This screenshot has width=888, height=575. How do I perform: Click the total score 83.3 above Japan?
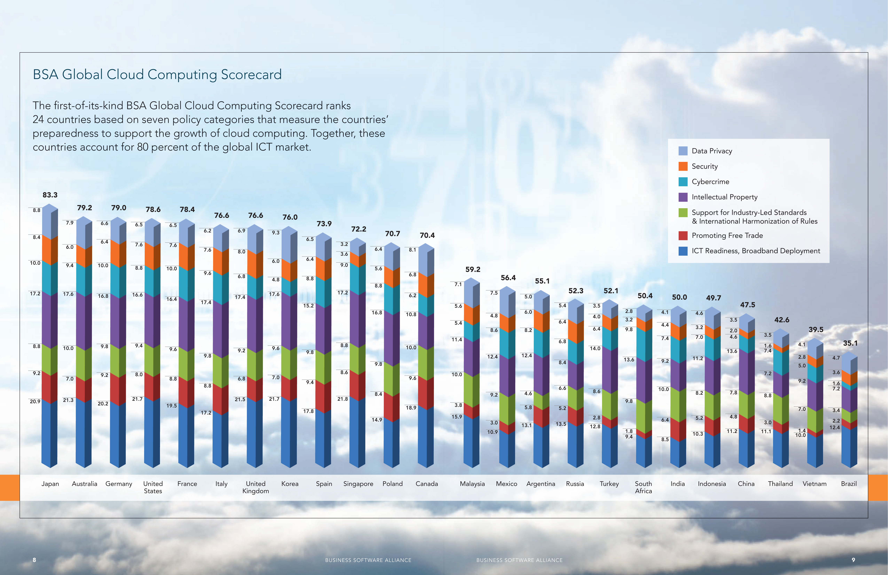tap(50, 195)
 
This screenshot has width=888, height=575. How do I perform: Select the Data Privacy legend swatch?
tap(683, 151)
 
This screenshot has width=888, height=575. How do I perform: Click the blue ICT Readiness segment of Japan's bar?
tap(49, 433)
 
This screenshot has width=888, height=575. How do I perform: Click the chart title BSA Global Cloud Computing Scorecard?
tap(157, 74)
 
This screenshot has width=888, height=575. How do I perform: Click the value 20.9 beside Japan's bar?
tap(35, 401)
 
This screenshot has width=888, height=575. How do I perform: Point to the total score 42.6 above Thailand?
tap(782, 320)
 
